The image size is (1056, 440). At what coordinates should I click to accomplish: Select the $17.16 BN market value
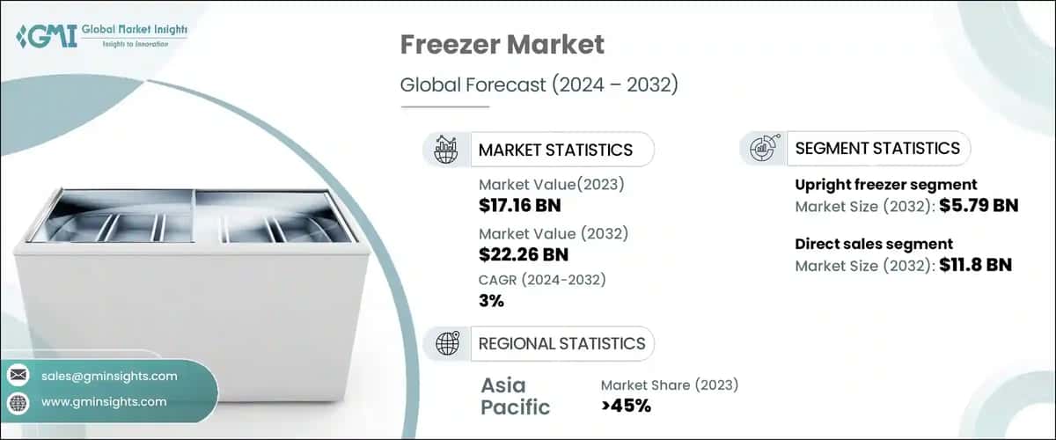click(x=519, y=206)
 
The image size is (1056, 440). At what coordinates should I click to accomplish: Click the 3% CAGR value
click(x=491, y=301)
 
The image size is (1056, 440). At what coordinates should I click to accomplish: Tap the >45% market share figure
click(x=626, y=406)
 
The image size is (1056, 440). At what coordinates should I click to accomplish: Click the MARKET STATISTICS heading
click(x=555, y=150)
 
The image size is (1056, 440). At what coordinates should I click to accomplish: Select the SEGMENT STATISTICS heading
click(x=877, y=148)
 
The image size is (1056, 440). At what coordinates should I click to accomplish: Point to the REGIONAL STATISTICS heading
click(x=561, y=343)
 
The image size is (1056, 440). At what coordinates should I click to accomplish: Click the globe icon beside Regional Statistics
click(x=447, y=343)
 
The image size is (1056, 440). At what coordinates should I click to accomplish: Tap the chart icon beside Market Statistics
click(x=447, y=150)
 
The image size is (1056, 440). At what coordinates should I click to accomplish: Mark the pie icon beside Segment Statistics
click(x=762, y=148)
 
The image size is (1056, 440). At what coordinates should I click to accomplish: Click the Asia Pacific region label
click(x=516, y=396)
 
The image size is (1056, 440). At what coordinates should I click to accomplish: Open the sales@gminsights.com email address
click(x=109, y=376)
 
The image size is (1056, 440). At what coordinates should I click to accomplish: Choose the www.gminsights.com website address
click(x=104, y=401)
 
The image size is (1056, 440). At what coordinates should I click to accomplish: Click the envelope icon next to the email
click(x=18, y=376)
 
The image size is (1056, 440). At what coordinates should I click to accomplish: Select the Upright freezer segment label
click(x=885, y=185)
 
